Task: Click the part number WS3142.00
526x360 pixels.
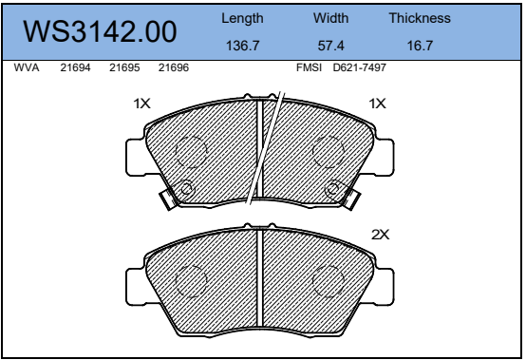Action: click(100, 32)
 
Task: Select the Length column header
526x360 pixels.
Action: click(242, 19)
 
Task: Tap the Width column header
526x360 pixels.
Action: click(330, 18)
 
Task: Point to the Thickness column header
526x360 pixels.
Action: click(420, 18)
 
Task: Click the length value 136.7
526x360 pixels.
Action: click(242, 46)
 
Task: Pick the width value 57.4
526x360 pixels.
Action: click(330, 46)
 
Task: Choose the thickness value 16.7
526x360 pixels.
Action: click(420, 46)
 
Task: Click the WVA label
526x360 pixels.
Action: click(27, 67)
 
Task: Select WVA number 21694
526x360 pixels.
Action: click(75, 67)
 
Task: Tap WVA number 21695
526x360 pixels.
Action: click(124, 67)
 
